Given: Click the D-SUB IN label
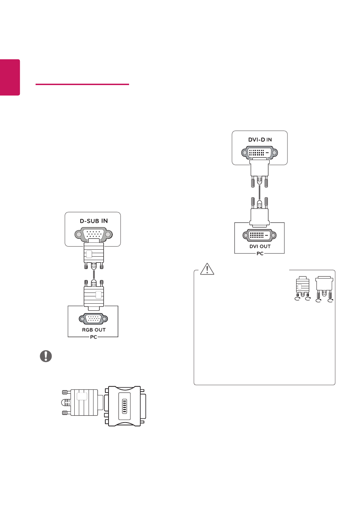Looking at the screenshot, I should point(94,221).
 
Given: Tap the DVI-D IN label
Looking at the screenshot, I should point(260,140).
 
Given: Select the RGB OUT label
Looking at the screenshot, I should point(93,330).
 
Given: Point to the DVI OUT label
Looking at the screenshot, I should point(260,247).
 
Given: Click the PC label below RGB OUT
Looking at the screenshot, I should point(93,337).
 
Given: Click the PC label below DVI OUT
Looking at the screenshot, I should point(260,253).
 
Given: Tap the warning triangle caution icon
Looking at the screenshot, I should point(207,269).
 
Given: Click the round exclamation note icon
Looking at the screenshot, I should point(46,356).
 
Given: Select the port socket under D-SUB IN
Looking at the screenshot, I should point(93,234).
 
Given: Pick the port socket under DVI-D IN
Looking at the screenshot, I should point(260,153).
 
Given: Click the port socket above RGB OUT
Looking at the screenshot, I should point(93,319).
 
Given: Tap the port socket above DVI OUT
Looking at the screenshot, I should point(260,235).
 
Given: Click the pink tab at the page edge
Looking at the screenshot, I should point(10,77).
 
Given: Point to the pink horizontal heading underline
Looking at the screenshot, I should point(82,84).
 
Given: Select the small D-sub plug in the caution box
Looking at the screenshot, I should point(302,287).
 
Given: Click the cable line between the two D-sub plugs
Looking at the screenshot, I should point(93,274).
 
